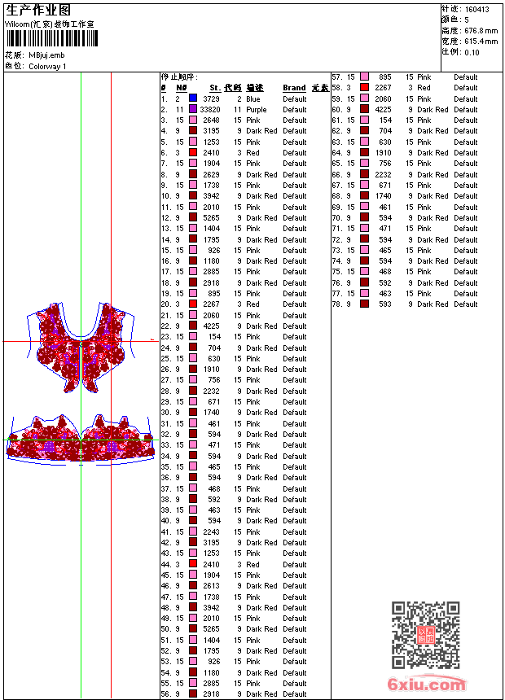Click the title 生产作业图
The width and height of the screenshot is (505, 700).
coord(38,9)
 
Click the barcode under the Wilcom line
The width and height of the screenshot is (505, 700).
coord(49,38)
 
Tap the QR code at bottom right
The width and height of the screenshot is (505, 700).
coord(425,636)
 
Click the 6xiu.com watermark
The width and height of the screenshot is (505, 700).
coord(427,685)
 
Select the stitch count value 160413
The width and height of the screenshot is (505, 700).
coord(477,9)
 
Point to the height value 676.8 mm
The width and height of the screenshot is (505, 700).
coord(481,30)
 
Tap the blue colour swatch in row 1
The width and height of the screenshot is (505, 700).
coord(193,98)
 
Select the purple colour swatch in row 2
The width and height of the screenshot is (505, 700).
coord(193,109)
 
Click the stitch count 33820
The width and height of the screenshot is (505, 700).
coord(209,109)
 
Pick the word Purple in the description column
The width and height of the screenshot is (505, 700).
coord(256,109)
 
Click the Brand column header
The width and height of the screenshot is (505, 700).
coord(294,88)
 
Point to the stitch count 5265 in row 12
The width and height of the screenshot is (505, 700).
coord(211,217)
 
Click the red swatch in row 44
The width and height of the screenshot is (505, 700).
coord(193,564)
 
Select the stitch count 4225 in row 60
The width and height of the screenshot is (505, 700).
coord(383,109)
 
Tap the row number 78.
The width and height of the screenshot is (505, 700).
coord(336,304)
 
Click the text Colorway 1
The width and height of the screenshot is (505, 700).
coord(47,66)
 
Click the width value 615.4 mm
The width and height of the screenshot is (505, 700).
coord(481,41)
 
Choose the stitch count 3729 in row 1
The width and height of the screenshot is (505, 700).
coord(211,98)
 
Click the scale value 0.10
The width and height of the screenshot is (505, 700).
coord(472,52)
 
